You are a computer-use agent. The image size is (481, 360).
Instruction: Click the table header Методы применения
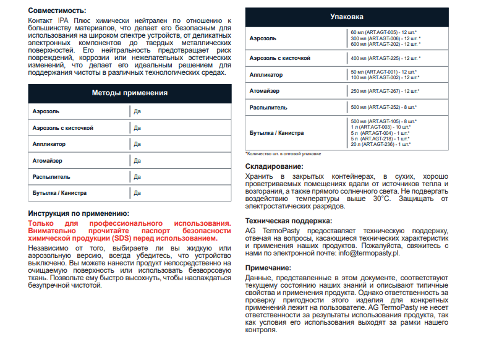[130, 93]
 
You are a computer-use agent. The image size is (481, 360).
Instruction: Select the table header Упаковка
[347, 17]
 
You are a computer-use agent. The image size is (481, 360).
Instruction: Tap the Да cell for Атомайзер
[137, 160]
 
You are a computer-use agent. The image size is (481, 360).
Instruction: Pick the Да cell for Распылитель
[137, 176]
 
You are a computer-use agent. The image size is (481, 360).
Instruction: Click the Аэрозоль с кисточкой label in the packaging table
[279, 58]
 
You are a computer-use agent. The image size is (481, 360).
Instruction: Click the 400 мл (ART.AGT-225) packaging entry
[385, 58]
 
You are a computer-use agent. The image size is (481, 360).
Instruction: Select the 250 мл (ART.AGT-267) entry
[385, 91]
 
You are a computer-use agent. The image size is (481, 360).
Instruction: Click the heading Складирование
[274, 166]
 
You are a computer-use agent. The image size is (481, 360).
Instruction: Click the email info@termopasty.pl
[365, 253]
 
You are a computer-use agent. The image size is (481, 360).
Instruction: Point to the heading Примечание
[268, 267]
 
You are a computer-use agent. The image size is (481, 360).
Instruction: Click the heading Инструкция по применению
[79, 213]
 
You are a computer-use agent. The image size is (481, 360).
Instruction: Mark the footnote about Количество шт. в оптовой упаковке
[283, 153]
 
